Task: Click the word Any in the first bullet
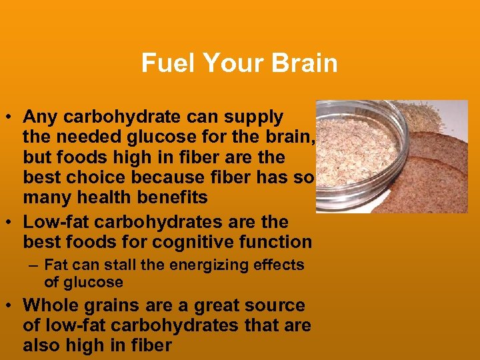[39, 117]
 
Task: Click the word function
[278, 242]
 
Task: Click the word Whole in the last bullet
[49, 305]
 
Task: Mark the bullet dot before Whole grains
[11, 307]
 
